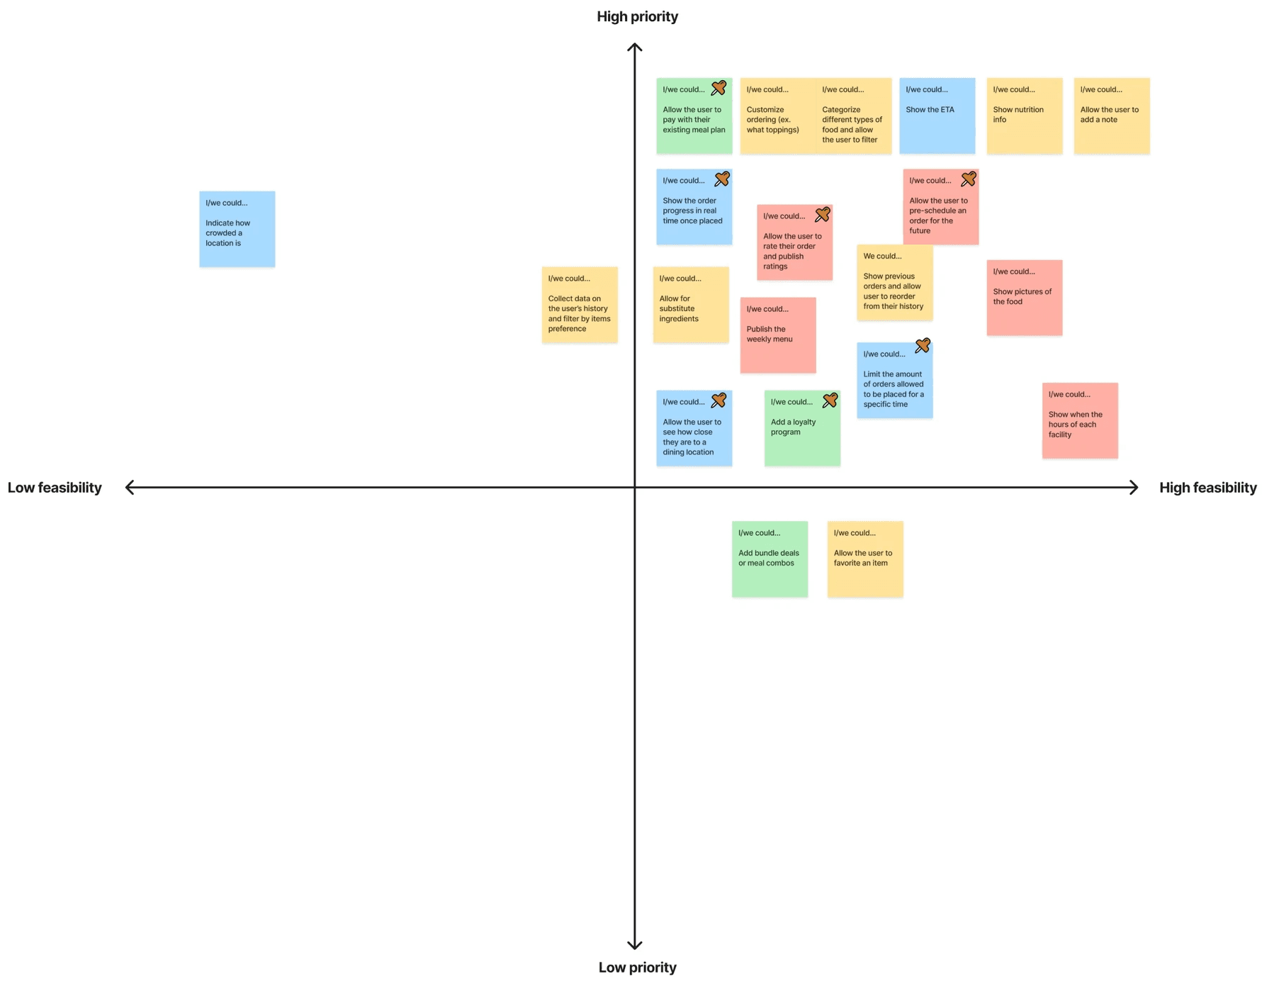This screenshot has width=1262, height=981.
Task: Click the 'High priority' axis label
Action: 637,16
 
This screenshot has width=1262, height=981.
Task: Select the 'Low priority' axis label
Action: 637,968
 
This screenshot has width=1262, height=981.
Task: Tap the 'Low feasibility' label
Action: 55,488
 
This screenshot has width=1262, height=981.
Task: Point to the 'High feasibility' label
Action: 1207,488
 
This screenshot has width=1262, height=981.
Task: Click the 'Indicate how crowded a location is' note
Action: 237,229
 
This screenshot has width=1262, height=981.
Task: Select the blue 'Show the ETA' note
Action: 937,116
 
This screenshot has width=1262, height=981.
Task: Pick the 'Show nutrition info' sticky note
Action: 1024,116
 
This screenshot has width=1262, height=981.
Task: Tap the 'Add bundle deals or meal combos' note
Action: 770,559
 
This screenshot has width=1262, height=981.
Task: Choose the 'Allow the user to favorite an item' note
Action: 864,559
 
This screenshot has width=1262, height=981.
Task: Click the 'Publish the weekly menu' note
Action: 777,335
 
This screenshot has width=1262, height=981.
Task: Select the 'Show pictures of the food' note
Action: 1024,298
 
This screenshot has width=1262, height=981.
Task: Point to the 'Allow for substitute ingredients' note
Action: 690,305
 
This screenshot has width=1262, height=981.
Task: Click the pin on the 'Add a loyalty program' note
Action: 830,401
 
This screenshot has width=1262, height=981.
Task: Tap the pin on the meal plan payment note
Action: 719,88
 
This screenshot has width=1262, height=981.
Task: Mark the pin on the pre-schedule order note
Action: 968,179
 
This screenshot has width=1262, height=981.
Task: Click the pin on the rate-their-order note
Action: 822,214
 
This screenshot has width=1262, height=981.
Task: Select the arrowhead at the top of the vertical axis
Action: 634,47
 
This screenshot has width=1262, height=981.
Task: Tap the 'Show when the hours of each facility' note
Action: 1079,420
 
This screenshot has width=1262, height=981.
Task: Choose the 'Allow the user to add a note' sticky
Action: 1111,116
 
